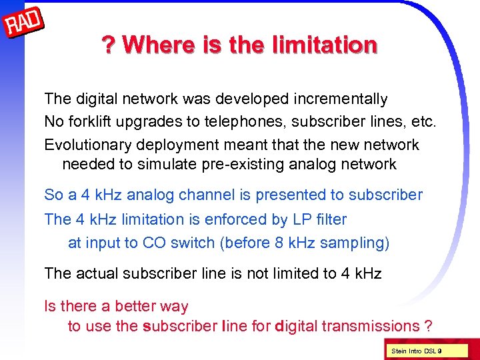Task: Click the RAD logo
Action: point(23,24)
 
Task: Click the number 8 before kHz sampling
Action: point(279,243)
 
